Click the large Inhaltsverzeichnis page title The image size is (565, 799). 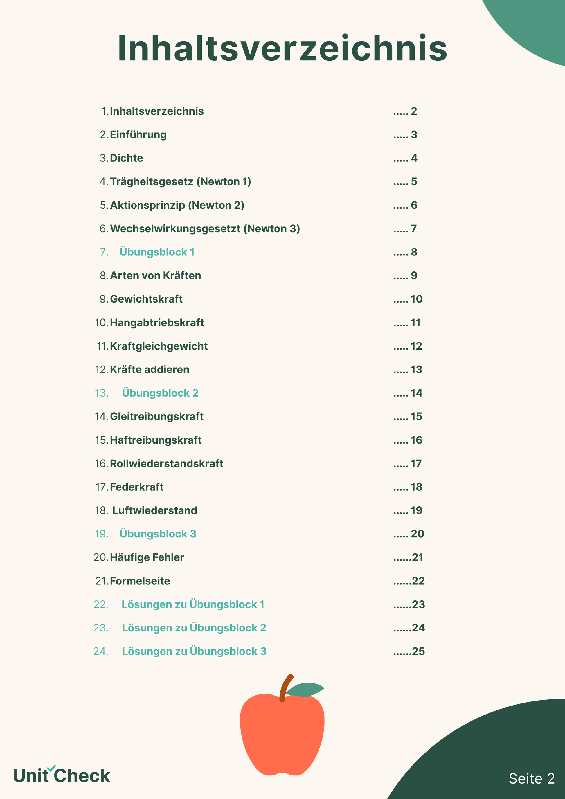pos(282,48)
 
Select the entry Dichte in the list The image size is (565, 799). pos(126,158)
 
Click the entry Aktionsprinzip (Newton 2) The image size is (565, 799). pos(177,205)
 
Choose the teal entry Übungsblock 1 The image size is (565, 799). pos(157,252)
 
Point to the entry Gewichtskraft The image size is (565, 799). pos(146,299)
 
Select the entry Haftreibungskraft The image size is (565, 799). pos(156,440)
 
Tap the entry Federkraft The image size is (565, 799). pos(136,487)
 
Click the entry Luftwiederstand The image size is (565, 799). pos(154,510)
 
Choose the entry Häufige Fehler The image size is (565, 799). pos(147,557)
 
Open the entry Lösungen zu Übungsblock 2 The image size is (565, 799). pos(194,628)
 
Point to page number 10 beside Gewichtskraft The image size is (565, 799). pos(416,299)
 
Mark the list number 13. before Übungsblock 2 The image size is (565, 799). pos(102,393)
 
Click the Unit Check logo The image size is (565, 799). pos(62,775)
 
